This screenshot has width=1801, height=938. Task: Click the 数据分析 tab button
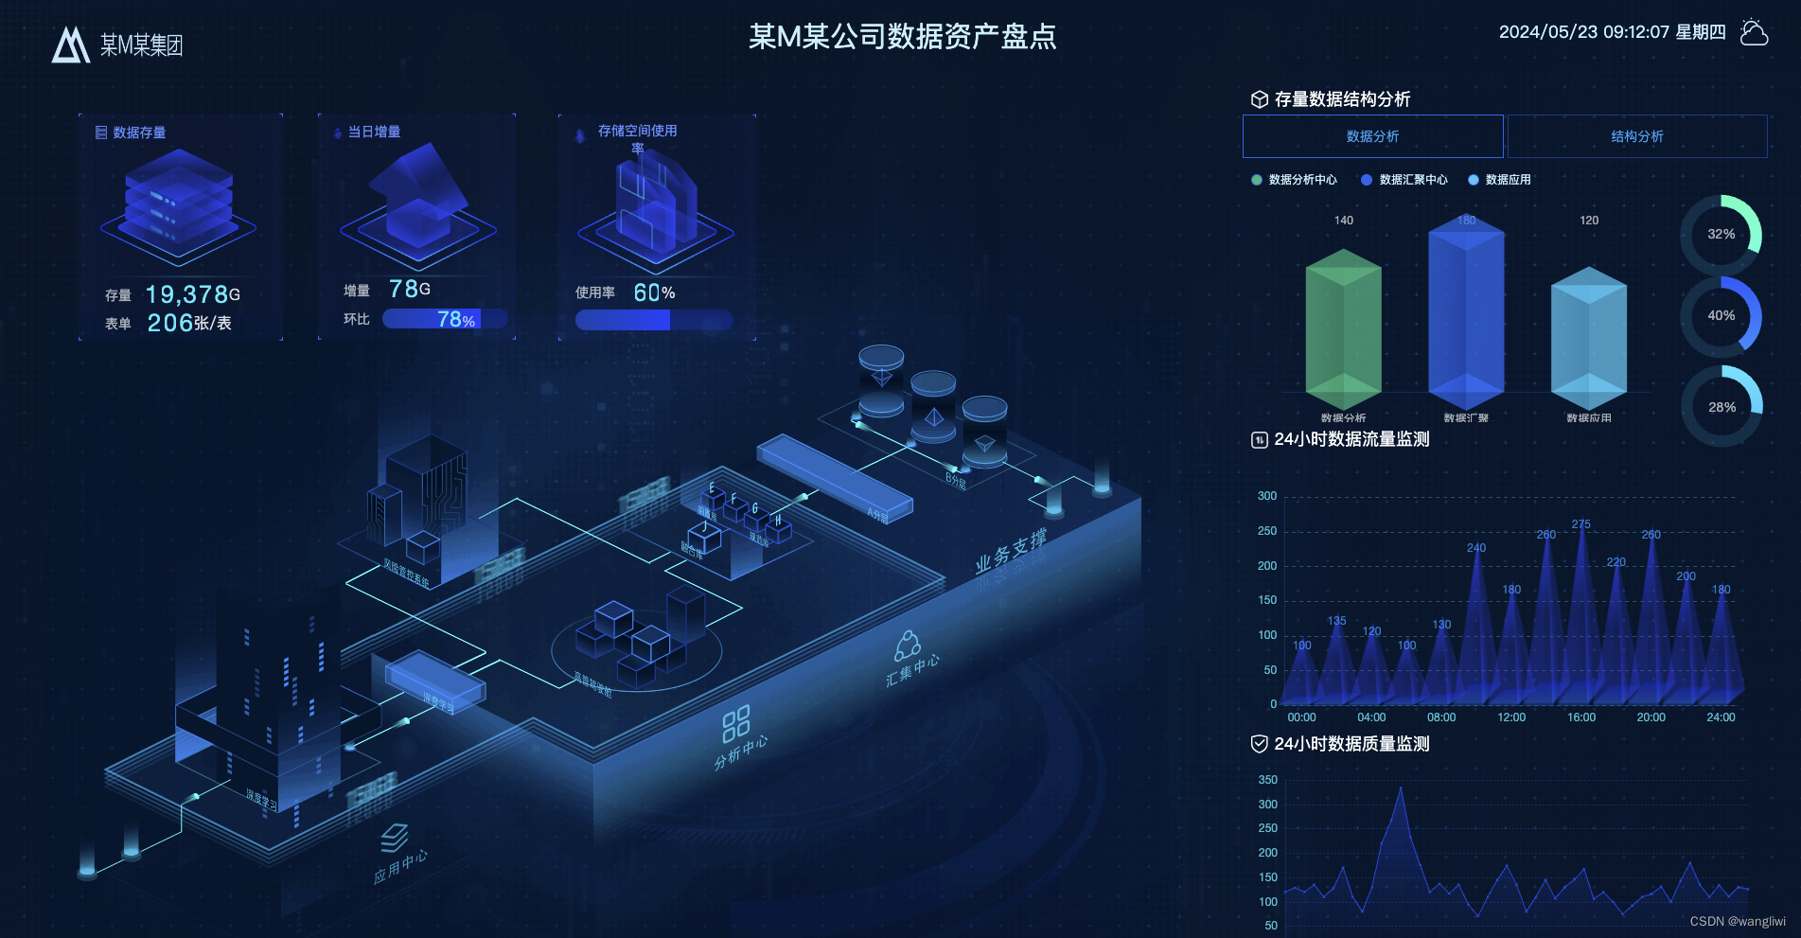click(1372, 136)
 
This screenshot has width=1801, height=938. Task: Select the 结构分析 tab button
click(1636, 136)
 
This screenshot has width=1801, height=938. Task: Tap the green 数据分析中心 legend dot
click(1257, 180)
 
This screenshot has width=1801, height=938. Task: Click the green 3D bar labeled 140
click(1343, 327)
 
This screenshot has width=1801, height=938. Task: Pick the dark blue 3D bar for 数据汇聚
click(1465, 312)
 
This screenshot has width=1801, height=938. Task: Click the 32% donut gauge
click(1721, 235)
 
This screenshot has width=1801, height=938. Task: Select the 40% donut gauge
click(1721, 316)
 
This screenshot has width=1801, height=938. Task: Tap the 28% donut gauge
click(1721, 407)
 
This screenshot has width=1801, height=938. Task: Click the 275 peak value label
click(1580, 524)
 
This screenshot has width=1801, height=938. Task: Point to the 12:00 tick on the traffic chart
click(1511, 717)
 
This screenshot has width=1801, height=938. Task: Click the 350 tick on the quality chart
click(1268, 780)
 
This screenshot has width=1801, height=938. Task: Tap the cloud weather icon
click(1754, 32)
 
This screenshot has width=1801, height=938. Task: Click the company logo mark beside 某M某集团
click(70, 44)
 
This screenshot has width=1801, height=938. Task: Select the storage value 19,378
click(186, 295)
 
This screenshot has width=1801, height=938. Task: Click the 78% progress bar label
click(456, 320)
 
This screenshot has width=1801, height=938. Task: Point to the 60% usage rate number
click(654, 293)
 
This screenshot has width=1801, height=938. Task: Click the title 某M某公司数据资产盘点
click(902, 36)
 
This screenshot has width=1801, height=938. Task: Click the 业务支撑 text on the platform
click(1011, 552)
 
